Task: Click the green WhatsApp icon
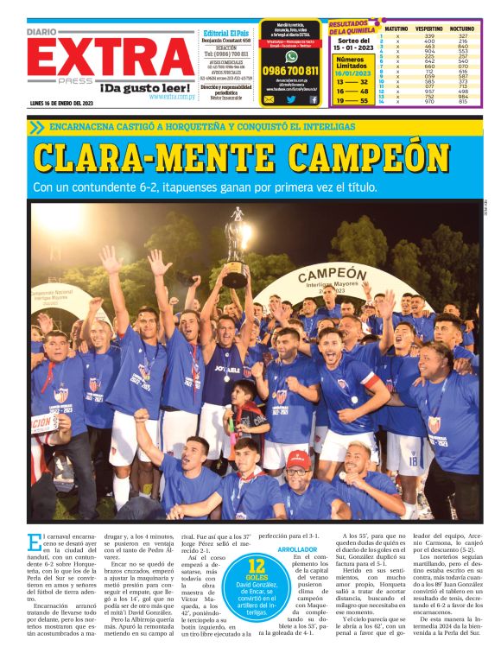290,56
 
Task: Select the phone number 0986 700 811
290,71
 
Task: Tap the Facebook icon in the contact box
313,99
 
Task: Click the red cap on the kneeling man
299,457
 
